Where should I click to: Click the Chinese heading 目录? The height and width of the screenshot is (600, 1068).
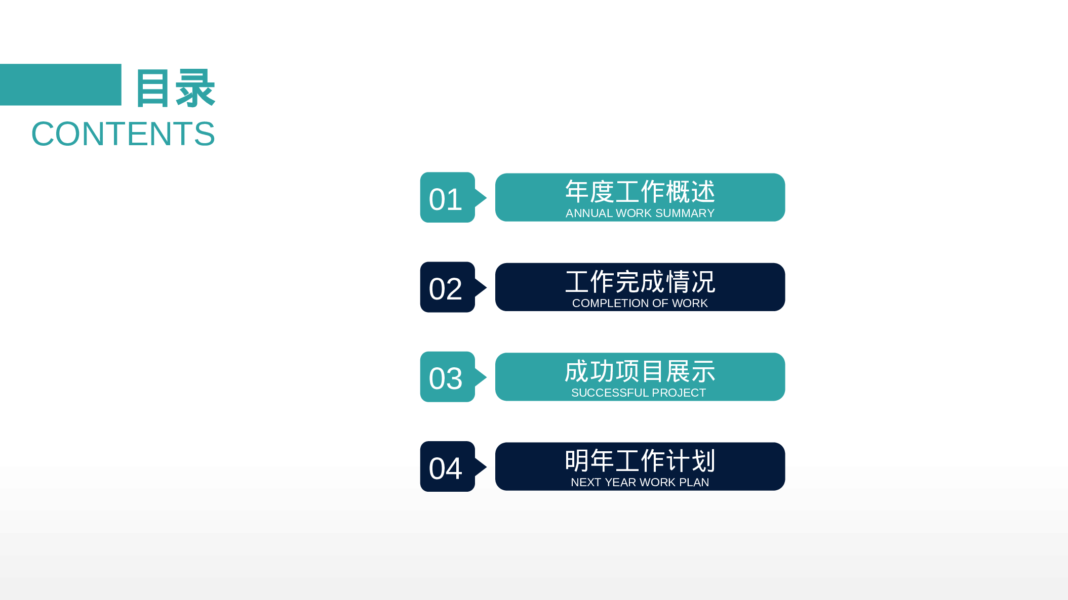[175, 89]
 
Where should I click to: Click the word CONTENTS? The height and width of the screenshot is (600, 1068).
[123, 134]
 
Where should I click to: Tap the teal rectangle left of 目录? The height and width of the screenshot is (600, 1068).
[60, 84]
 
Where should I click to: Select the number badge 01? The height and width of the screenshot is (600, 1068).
[446, 198]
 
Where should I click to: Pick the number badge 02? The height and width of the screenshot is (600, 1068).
[446, 288]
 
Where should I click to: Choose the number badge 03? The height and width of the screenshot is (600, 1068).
[446, 377]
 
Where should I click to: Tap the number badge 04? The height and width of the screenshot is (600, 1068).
[446, 467]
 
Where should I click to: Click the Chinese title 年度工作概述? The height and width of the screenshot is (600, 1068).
[640, 192]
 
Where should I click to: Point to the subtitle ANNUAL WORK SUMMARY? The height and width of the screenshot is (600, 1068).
[640, 213]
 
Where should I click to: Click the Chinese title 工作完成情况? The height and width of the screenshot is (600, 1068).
[640, 282]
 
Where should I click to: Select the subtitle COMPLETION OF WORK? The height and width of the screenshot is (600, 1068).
[640, 303]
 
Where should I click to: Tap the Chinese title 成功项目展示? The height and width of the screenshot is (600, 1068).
[640, 371]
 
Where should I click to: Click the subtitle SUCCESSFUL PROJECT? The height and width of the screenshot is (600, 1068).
[638, 393]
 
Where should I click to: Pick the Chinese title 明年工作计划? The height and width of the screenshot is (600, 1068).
[640, 461]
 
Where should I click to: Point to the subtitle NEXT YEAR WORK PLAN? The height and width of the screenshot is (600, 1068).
[640, 482]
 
